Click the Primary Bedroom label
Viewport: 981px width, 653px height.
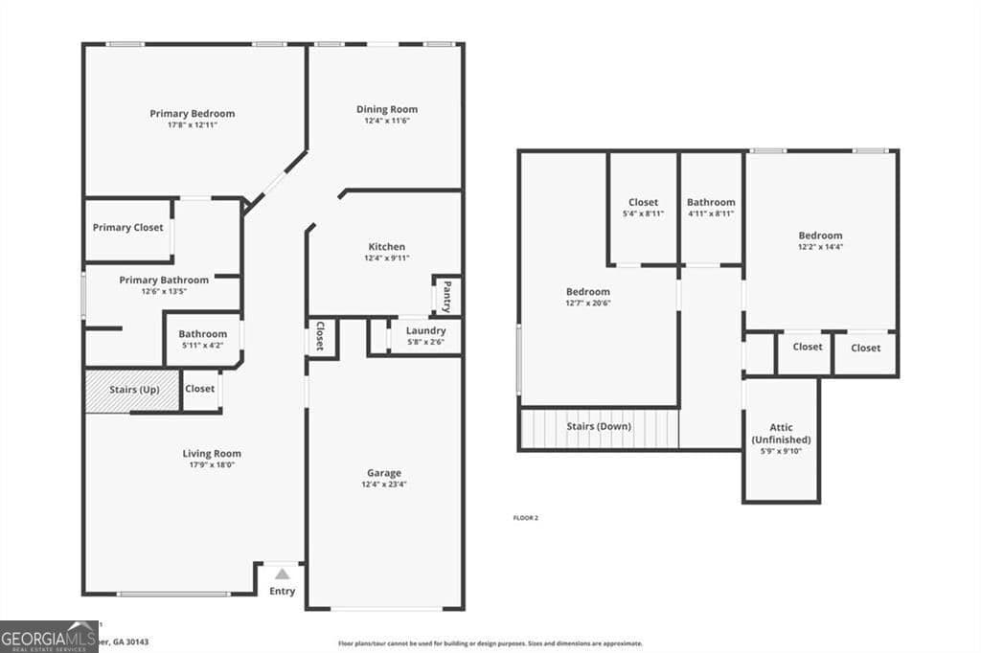pyautogui.click(x=192, y=113)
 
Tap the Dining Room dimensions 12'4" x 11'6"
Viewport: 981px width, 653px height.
pyautogui.click(x=387, y=121)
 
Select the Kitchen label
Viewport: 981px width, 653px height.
pyautogui.click(x=386, y=246)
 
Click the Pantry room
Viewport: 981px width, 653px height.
pyautogui.click(x=446, y=296)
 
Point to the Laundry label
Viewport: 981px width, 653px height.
pyautogui.click(x=425, y=330)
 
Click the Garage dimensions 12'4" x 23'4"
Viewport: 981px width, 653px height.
pyautogui.click(x=384, y=484)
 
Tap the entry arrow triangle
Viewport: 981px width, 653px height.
pyautogui.click(x=282, y=574)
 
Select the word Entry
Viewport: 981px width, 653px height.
pyautogui.click(x=282, y=591)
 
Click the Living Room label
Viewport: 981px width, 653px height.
pyautogui.click(x=212, y=453)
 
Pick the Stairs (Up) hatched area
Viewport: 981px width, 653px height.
pyautogui.click(x=132, y=391)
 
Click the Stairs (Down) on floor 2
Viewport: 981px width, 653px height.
pyautogui.click(x=599, y=426)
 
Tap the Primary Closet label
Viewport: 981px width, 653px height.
pyautogui.click(x=127, y=228)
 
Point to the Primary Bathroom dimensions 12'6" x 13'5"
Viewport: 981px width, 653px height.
pyautogui.click(x=163, y=291)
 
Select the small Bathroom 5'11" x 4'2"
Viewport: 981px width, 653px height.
pyautogui.click(x=202, y=340)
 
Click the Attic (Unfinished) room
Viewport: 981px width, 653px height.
pyautogui.click(x=781, y=439)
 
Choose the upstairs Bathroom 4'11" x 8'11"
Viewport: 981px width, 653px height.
pyautogui.click(x=711, y=208)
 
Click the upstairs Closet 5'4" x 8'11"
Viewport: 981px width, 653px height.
pyautogui.click(x=643, y=208)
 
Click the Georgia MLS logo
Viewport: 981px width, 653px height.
pyautogui.click(x=49, y=636)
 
